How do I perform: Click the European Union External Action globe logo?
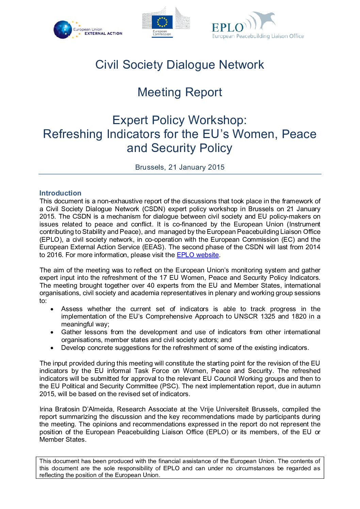point(63,30)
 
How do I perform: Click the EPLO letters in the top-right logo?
point(228,28)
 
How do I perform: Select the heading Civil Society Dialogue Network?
point(180,65)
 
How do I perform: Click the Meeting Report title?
point(180,92)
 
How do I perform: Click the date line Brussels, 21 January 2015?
point(180,167)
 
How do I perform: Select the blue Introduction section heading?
point(60,193)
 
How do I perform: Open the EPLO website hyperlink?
point(198,255)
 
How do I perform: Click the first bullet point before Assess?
point(52,309)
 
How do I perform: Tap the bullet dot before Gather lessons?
point(52,333)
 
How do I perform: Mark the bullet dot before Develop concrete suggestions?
point(52,348)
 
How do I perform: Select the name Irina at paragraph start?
point(46,409)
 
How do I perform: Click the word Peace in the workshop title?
point(299,134)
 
